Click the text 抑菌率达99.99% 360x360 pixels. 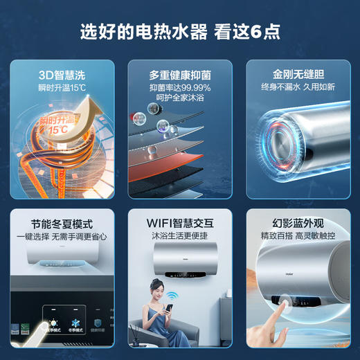click(x=179, y=88)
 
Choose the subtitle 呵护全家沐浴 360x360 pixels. click(x=179, y=99)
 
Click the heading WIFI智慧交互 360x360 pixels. click(x=179, y=224)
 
